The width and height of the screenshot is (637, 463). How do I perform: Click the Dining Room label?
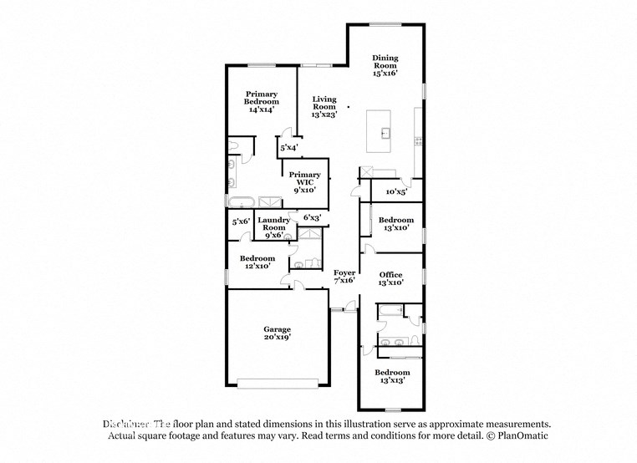385,65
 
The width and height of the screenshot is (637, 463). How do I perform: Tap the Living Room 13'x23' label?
324,107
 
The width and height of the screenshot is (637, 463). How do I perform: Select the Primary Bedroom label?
262,100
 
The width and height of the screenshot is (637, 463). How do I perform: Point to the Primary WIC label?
304,182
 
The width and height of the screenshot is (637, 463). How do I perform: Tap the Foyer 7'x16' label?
344,277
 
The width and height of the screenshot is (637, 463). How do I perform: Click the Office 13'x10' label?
390,279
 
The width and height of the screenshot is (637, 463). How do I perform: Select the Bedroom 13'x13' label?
391,376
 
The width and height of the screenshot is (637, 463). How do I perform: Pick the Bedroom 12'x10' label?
257,262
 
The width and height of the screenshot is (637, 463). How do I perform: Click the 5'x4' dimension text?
289,148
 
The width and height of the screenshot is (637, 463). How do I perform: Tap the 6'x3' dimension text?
312,218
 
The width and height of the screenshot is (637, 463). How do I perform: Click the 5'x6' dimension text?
241,221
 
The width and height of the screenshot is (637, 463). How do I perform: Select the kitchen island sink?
386,132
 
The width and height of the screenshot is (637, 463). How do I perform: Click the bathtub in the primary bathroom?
242,201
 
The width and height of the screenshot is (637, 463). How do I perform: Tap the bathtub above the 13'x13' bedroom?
390,313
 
